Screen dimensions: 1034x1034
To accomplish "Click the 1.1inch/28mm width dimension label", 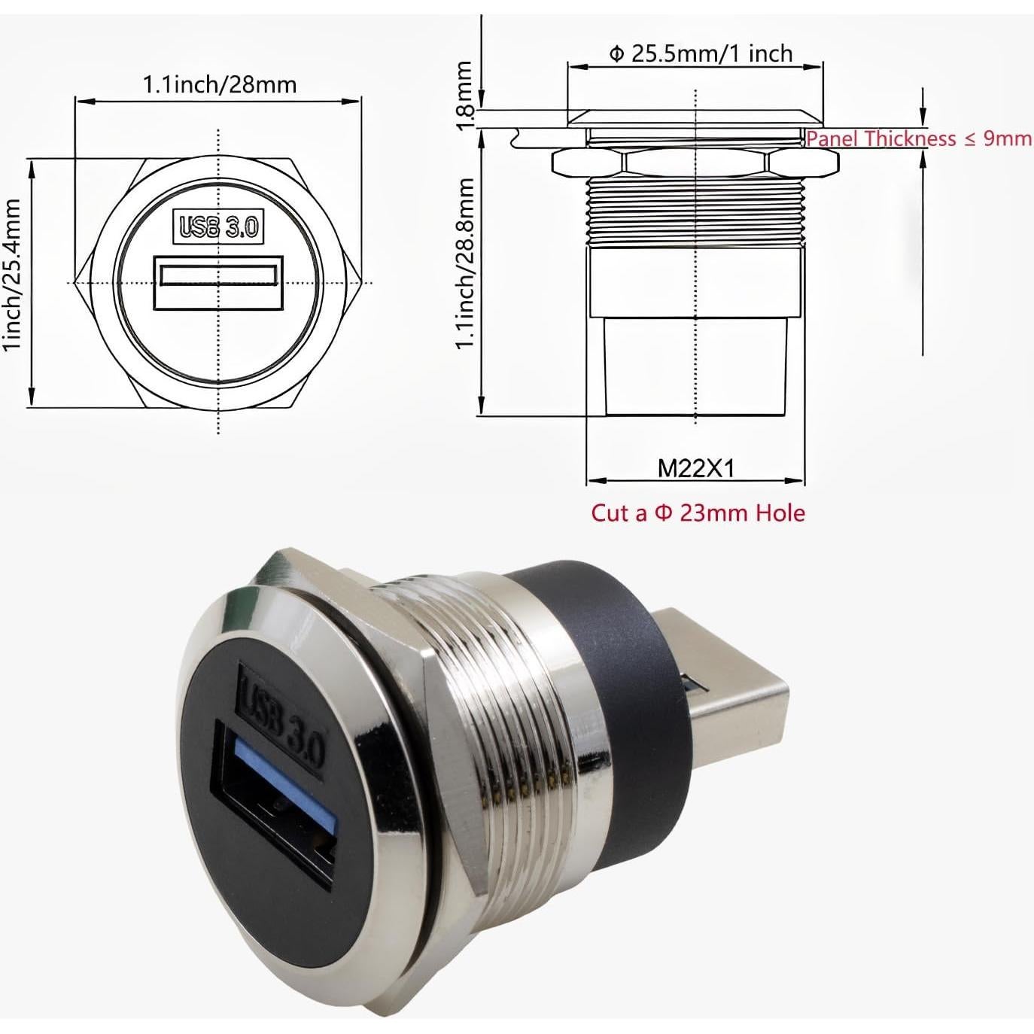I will click(x=219, y=84).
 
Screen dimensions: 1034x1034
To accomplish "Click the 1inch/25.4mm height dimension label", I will click(x=13, y=275).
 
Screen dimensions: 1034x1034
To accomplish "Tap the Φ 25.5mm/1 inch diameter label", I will click(x=700, y=54).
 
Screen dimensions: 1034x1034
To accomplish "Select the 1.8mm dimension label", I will click(x=465, y=94).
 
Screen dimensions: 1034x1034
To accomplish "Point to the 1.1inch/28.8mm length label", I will click(x=465, y=263).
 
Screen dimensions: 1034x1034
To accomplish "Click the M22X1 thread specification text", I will click(x=695, y=468).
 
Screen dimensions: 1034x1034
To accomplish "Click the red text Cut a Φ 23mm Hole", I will click(x=698, y=513).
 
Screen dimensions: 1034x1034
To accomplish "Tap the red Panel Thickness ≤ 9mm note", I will click(x=918, y=138).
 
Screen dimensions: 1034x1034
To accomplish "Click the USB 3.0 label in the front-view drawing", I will click(x=218, y=227).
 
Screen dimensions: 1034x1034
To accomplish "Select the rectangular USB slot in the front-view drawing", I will click(x=218, y=282).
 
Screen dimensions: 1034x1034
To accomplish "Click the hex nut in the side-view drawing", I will click(x=695, y=161).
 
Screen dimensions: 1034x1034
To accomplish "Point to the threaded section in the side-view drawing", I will click(x=695, y=212).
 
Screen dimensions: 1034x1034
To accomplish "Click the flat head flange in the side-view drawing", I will click(x=695, y=118).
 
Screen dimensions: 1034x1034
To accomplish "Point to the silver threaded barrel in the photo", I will click(x=512, y=722).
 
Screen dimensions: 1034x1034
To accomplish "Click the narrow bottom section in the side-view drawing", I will click(x=695, y=365).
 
